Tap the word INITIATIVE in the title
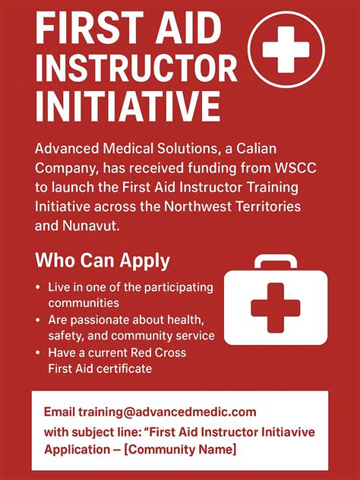(128, 106)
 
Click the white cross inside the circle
(286, 49)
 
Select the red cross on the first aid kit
(276, 308)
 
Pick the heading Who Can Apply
(103, 261)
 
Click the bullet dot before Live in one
(38, 287)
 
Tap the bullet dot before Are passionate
(38, 321)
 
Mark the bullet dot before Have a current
(38, 352)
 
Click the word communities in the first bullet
(84, 303)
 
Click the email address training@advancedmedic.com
(167, 412)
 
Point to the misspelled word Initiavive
(288, 432)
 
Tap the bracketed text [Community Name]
(180, 450)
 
